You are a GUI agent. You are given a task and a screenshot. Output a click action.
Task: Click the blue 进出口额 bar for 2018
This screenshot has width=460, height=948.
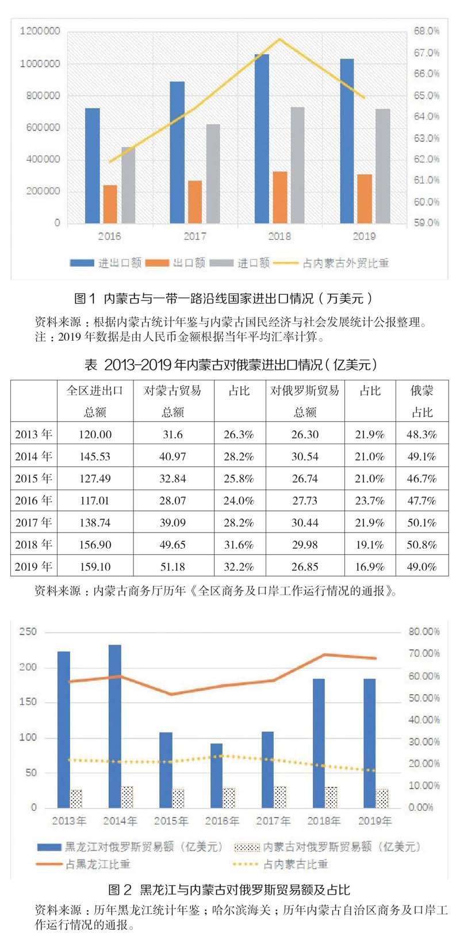(x=262, y=138)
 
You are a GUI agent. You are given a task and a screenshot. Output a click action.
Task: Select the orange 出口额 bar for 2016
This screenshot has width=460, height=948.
(x=110, y=204)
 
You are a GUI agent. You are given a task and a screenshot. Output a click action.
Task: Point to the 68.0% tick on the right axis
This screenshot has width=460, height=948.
(x=426, y=31)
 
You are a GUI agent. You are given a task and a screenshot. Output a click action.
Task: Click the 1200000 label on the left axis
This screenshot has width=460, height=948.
(x=40, y=31)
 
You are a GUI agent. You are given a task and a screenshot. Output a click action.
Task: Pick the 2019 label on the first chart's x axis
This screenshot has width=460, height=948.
(x=363, y=236)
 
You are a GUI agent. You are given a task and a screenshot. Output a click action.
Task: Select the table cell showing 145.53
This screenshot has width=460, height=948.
(x=95, y=457)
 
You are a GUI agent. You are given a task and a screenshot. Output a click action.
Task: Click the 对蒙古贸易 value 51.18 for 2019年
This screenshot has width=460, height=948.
(x=172, y=567)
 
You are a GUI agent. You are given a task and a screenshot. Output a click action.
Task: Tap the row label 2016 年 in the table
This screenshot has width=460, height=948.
(x=33, y=500)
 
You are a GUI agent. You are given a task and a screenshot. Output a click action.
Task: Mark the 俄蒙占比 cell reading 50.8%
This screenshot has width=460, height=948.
(x=421, y=545)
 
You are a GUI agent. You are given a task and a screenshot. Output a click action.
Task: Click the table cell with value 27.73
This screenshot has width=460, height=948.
(x=305, y=500)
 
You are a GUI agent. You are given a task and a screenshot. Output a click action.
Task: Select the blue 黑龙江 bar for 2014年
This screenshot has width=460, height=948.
(x=114, y=726)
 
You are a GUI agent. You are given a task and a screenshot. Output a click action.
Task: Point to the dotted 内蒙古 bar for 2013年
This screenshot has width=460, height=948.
(x=76, y=799)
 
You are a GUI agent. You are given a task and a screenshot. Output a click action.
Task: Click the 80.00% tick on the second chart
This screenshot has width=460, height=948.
(x=424, y=631)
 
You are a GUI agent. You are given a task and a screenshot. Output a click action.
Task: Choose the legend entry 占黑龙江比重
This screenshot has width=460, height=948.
(x=98, y=864)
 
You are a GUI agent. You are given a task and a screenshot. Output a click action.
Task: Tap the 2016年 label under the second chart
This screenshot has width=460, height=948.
(x=222, y=821)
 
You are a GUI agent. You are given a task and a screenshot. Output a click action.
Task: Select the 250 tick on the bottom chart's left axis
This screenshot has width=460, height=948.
(x=29, y=631)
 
